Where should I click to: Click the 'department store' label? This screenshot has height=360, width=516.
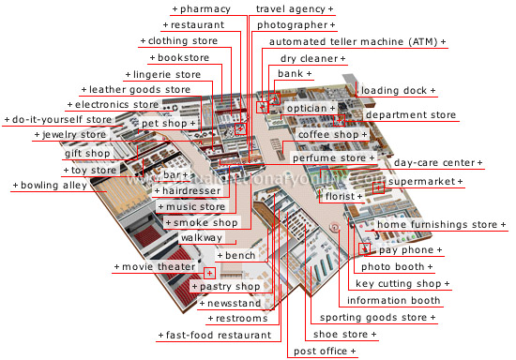(410, 115)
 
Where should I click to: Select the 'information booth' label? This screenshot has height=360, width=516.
(393, 301)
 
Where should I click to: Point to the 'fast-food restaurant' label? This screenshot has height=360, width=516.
(220, 335)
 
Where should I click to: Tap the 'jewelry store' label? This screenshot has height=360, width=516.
(72, 135)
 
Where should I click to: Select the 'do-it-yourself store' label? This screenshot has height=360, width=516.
(60, 120)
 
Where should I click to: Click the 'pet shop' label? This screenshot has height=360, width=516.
(169, 124)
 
